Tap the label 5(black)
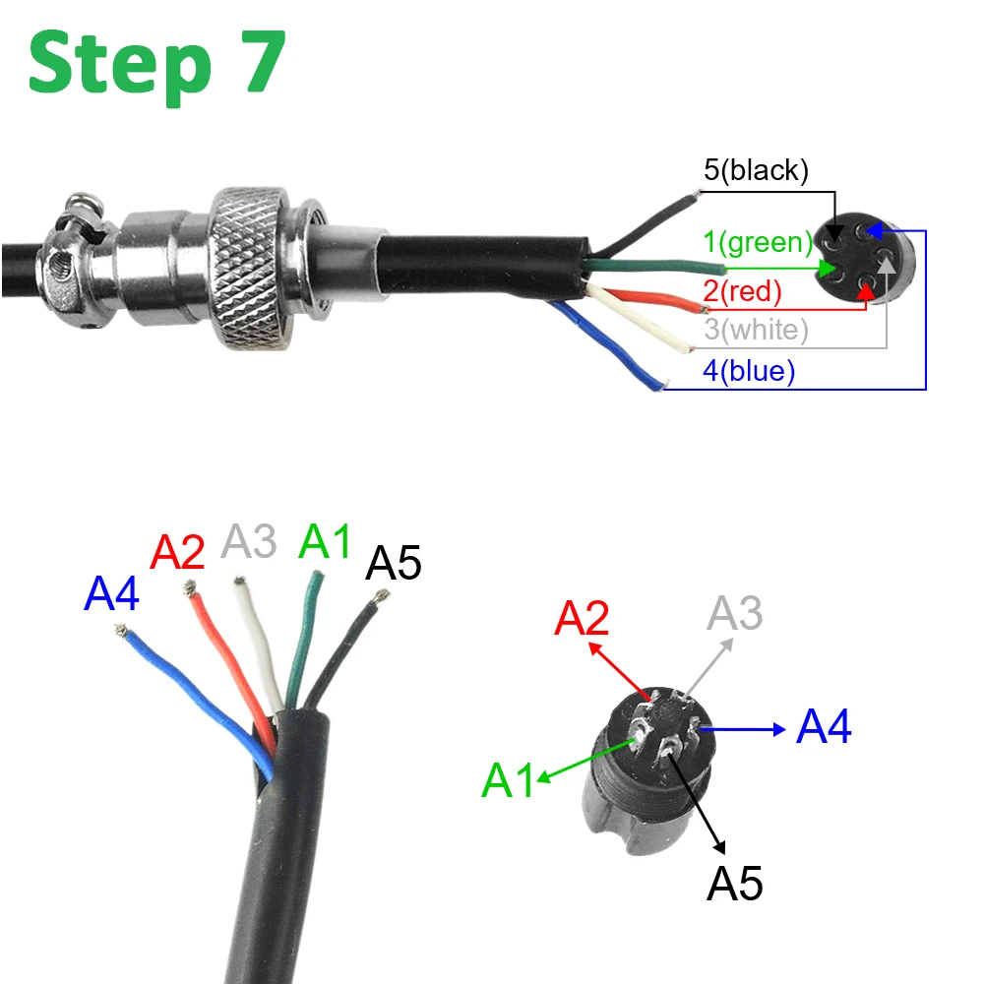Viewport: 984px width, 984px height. tap(756, 170)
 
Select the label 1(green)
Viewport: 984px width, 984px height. tap(758, 241)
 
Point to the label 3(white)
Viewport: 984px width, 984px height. tap(756, 330)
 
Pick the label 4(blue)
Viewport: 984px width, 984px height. tap(749, 371)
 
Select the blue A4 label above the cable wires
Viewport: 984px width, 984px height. tap(111, 594)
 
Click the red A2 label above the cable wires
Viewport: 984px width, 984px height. tap(177, 553)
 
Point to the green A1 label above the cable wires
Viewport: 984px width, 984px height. tap(325, 541)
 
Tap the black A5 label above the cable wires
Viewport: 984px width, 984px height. tap(394, 564)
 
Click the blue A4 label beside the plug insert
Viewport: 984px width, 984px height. tap(824, 728)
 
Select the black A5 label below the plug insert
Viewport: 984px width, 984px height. tap(735, 884)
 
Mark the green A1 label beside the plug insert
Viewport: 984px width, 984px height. tap(509, 780)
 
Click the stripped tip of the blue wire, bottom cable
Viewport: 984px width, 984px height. tap(123, 635)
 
